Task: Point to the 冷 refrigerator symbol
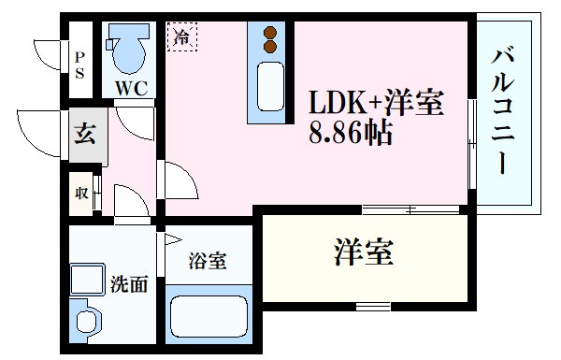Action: pos(182,37)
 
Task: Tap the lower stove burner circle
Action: pos(271,45)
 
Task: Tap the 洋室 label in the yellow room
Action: pos(364,252)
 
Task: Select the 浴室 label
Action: pos(206,261)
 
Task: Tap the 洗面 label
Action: pos(131,284)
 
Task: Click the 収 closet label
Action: pos(82,194)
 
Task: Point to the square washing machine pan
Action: pos(91,281)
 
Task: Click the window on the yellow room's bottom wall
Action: pos(373,306)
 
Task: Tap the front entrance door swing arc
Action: pos(42,131)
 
